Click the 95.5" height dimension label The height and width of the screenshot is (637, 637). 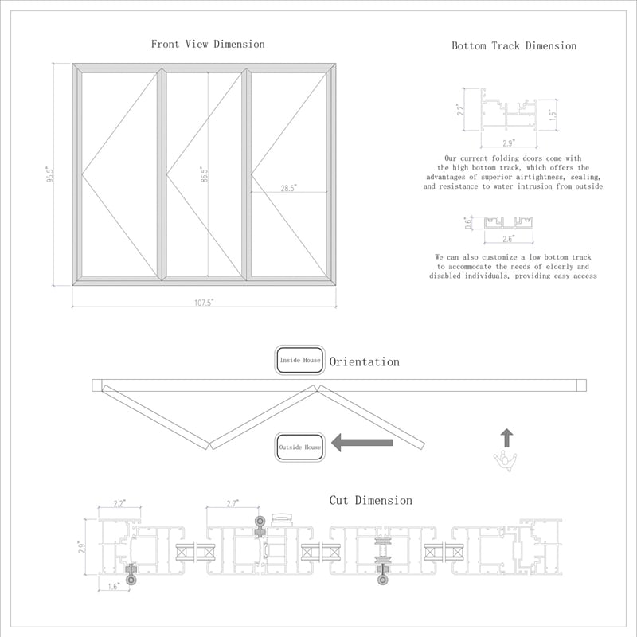click(49, 174)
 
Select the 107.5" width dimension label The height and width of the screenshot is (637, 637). click(204, 303)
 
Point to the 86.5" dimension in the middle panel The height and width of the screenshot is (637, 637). click(204, 174)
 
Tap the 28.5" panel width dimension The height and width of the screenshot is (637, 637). click(288, 188)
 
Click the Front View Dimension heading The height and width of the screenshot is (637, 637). click(208, 44)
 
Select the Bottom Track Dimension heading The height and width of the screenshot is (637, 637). click(514, 45)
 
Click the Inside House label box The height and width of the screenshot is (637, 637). click(300, 360)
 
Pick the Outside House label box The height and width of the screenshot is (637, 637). click(300, 447)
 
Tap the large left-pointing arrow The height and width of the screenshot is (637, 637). click(362, 443)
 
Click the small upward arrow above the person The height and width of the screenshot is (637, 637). click(506, 438)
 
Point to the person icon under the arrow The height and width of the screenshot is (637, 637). click(506, 462)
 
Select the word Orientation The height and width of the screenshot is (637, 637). click(365, 361)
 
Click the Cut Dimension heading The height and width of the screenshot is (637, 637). click(370, 500)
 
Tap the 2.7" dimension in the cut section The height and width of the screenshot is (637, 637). click(232, 503)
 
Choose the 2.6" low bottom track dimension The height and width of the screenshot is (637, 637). click(508, 238)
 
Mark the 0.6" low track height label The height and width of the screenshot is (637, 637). click(468, 223)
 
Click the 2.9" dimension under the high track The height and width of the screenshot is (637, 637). click(508, 143)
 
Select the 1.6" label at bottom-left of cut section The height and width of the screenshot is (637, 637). click(113, 586)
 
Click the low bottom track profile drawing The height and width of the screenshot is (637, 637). click(508, 223)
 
